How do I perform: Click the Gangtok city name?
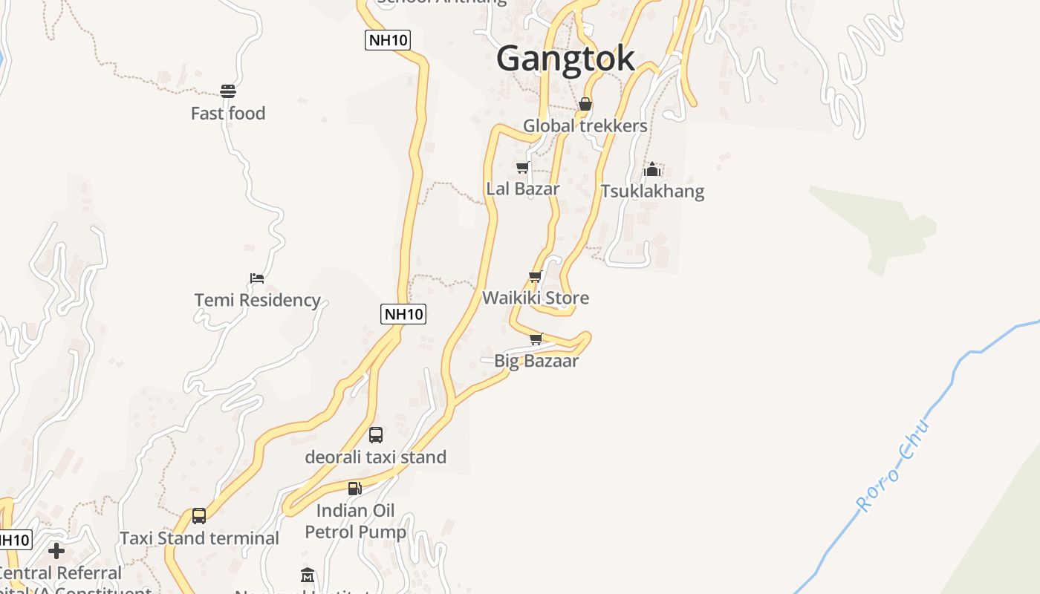coord(566,59)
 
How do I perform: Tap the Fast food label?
coord(228,114)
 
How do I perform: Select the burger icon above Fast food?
coord(228,91)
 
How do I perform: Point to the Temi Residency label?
coord(257,300)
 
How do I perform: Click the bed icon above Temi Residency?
coord(257,278)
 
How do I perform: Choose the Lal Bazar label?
coord(523,189)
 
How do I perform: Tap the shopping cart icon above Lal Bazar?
coord(523,167)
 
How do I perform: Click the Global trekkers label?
coord(585,125)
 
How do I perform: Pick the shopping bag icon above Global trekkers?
coord(585,104)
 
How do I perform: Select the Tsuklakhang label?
coord(652,191)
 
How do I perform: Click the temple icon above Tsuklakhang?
coord(652,169)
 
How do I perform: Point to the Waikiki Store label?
coord(536,298)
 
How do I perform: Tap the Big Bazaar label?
coord(536,361)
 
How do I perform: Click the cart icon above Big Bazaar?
coord(536,339)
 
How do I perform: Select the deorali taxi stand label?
coord(376,457)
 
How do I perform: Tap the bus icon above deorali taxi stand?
coord(376,435)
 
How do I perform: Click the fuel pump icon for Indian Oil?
coord(355,488)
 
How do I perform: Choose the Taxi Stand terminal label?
coord(199,538)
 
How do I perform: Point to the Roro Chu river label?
coord(894,466)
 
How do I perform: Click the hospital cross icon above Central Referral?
coord(56,551)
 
